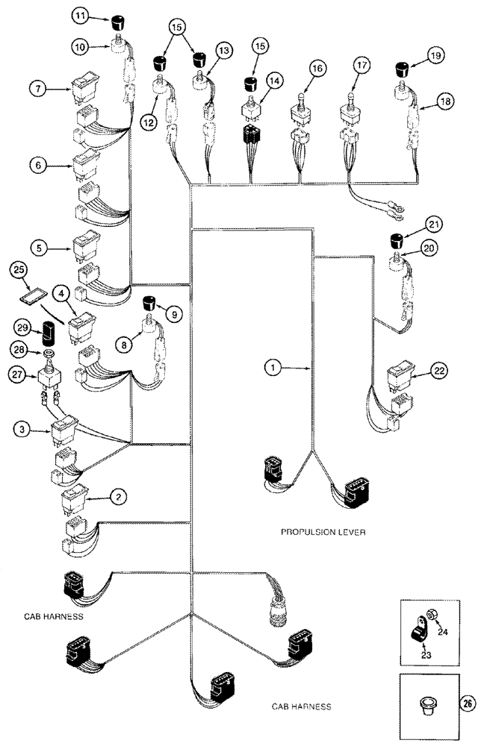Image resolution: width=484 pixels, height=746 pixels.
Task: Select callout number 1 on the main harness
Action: (274, 366)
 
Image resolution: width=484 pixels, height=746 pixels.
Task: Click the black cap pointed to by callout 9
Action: (152, 303)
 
